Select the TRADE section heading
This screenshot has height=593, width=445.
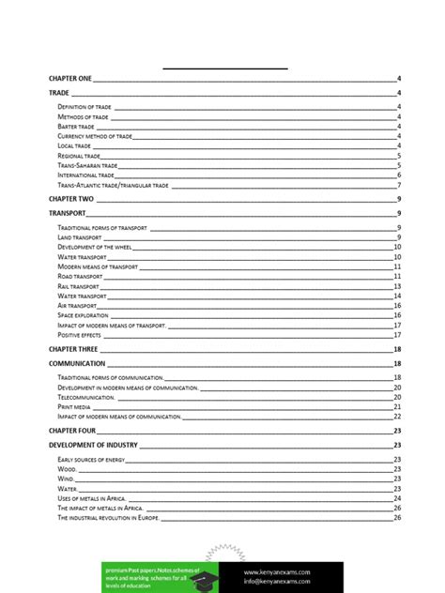pyautogui.click(x=58, y=93)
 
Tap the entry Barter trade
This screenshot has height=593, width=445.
pyautogui.click(x=76, y=127)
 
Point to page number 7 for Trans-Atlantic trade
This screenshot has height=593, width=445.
pyautogui.click(x=399, y=185)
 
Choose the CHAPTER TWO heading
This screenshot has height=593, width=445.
pyautogui.click(x=70, y=200)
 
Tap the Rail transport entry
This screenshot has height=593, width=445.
pyautogui.click(x=78, y=286)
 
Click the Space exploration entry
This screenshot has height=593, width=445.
pyautogui.click(x=84, y=315)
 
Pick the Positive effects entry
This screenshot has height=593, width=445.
pyautogui.click(x=79, y=335)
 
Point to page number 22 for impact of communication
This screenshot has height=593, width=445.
pyautogui.click(x=397, y=417)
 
